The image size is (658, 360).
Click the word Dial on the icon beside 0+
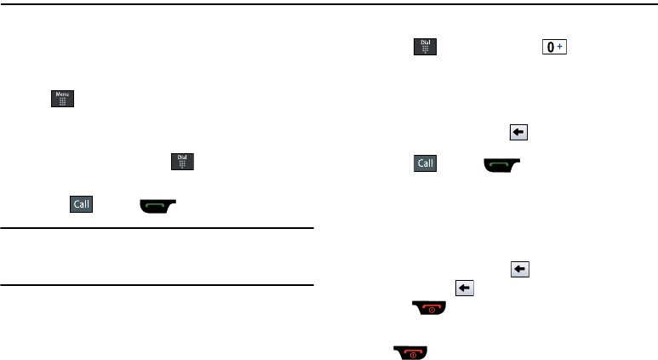pos(425,42)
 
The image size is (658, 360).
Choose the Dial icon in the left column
pos(183,162)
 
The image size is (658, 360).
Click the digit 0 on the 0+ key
pos(551,48)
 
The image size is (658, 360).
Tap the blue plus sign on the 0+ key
pos(559,47)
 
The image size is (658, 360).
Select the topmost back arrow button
pos(518,132)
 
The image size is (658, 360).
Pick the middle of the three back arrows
pos(518,269)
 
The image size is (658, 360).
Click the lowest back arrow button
pos(464,289)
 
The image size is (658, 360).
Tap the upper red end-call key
pos(431,311)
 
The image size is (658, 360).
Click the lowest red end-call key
pos(409,351)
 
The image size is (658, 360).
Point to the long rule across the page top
pos(329,3)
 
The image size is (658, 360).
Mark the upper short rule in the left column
pos(157,228)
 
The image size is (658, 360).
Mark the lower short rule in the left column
pos(157,285)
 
